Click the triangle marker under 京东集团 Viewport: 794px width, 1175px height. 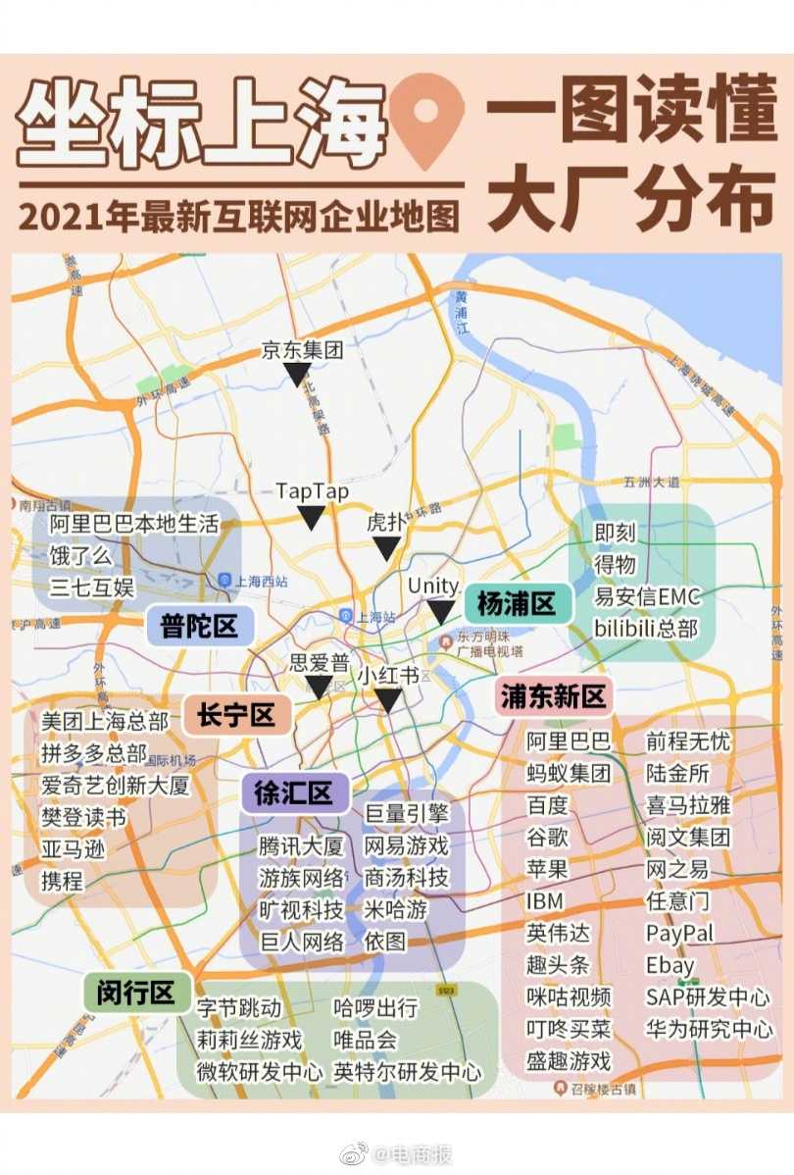297,374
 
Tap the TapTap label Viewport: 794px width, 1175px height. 312,490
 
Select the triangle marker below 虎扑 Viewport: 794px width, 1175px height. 387,548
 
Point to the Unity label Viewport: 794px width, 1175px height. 433,586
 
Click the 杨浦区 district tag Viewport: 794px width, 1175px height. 517,603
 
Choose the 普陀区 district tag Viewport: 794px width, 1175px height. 200,626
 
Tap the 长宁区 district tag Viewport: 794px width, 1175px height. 236,715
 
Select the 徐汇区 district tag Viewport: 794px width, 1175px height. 295,792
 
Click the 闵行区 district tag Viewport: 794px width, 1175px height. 136,993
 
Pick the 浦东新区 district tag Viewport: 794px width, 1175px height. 554,696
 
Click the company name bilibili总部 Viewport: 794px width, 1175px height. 647,628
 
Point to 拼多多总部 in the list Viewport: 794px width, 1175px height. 94,754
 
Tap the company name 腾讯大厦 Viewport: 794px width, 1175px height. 301,846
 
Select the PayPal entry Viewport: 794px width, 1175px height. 680,933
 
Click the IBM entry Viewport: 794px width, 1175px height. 545,900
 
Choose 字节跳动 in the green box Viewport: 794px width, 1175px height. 239,1008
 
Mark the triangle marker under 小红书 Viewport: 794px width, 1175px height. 388,700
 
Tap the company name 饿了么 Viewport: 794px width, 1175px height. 81,556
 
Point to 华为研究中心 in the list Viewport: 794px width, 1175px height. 709,1029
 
